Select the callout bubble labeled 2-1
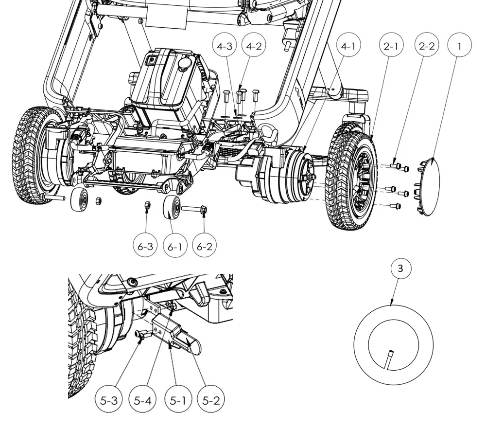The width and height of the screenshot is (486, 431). pyautogui.click(x=391, y=46)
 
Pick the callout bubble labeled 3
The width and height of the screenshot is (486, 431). pyautogui.click(x=400, y=268)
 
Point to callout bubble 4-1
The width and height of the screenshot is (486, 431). pyautogui.click(x=348, y=46)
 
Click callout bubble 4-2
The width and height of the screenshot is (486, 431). pyautogui.click(x=254, y=46)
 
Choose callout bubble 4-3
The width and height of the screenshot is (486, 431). pyautogui.click(x=225, y=46)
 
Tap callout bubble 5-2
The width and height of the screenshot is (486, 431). pyautogui.click(x=211, y=401)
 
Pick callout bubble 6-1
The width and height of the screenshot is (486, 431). pyautogui.click(x=174, y=247)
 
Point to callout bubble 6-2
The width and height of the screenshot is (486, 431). pyautogui.click(x=205, y=247)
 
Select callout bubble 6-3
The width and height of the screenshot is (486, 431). pyautogui.click(x=145, y=247)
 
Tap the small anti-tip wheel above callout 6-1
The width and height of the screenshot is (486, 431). pyautogui.click(x=172, y=209)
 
